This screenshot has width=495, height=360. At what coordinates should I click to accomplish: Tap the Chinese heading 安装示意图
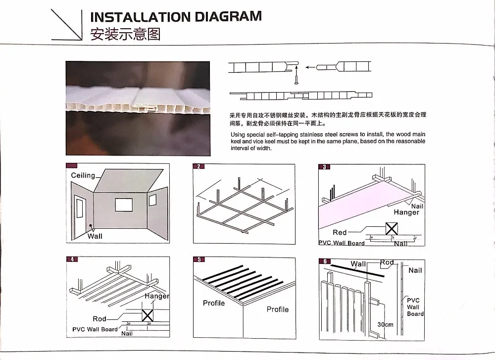(126, 34)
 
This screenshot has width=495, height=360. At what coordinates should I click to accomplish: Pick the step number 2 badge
(198, 166)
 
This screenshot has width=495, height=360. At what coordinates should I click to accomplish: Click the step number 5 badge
(198, 259)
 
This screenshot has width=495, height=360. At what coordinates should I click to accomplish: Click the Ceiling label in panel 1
(83, 175)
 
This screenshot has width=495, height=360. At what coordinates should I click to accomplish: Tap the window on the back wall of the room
(124, 205)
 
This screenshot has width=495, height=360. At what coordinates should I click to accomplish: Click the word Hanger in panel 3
(406, 212)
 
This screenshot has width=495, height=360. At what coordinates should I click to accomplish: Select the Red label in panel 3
(340, 232)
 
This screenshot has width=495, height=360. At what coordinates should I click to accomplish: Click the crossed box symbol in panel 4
(148, 314)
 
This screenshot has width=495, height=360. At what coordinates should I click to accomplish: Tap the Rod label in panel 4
(99, 319)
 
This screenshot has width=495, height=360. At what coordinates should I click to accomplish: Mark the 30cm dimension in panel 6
(385, 325)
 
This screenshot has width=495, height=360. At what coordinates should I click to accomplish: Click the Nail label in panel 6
(415, 270)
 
